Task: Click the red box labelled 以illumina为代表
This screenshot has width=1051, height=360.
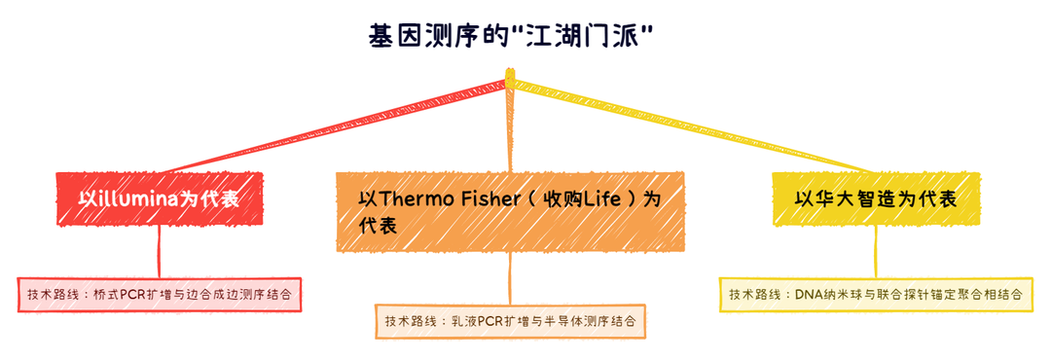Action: tap(158, 199)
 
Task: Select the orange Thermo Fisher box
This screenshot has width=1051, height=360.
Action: tap(510, 212)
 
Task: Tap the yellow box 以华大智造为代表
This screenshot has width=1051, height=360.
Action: tap(875, 199)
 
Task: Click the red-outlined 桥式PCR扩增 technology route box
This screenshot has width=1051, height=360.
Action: tap(159, 293)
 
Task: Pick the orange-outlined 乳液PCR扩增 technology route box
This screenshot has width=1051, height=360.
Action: tap(510, 320)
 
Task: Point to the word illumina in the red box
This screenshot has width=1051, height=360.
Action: tap(137, 199)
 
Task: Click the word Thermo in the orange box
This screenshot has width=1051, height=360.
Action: tap(412, 199)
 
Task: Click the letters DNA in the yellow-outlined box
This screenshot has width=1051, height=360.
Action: tap(810, 294)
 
